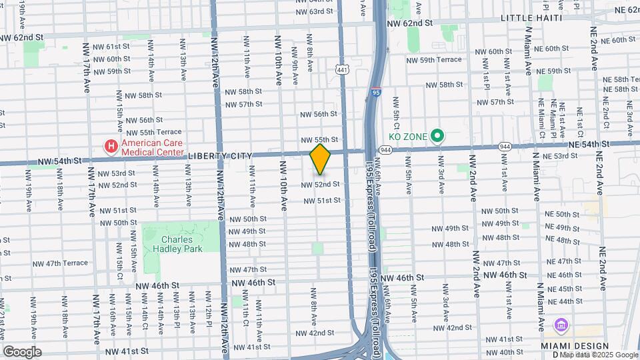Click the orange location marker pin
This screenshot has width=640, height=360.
click(321, 159)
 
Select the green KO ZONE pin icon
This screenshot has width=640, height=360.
click(437, 137)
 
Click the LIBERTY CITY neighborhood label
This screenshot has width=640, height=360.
click(220, 156)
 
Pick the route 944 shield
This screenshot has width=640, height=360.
click(505, 146)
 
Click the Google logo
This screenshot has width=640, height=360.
click(23, 351)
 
